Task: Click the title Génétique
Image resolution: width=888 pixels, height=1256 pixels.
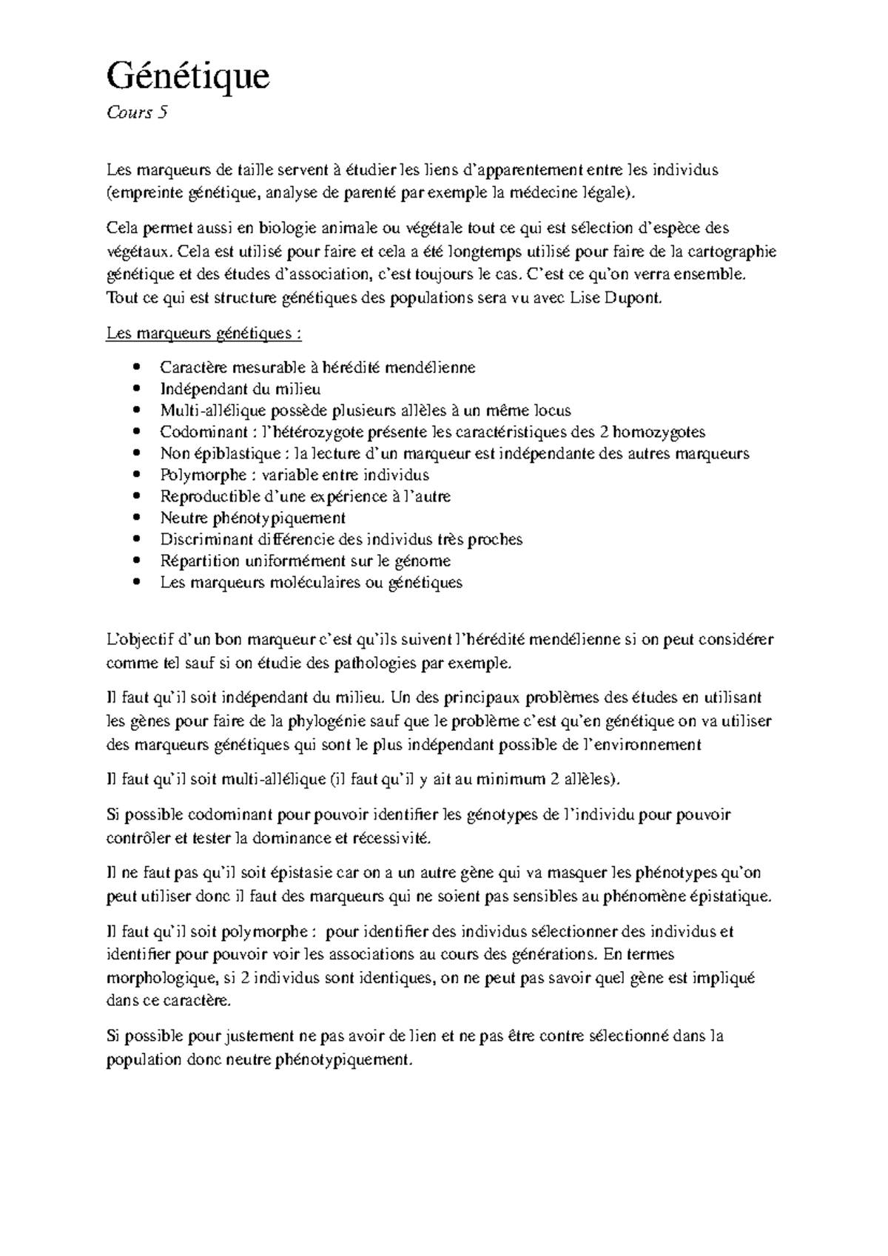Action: pos(188,76)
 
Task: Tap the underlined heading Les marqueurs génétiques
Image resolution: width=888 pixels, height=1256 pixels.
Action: pos(203,334)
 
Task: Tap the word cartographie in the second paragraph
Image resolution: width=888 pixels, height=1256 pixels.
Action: pos(733,251)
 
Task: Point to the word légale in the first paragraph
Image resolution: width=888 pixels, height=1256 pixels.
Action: pos(610,194)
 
